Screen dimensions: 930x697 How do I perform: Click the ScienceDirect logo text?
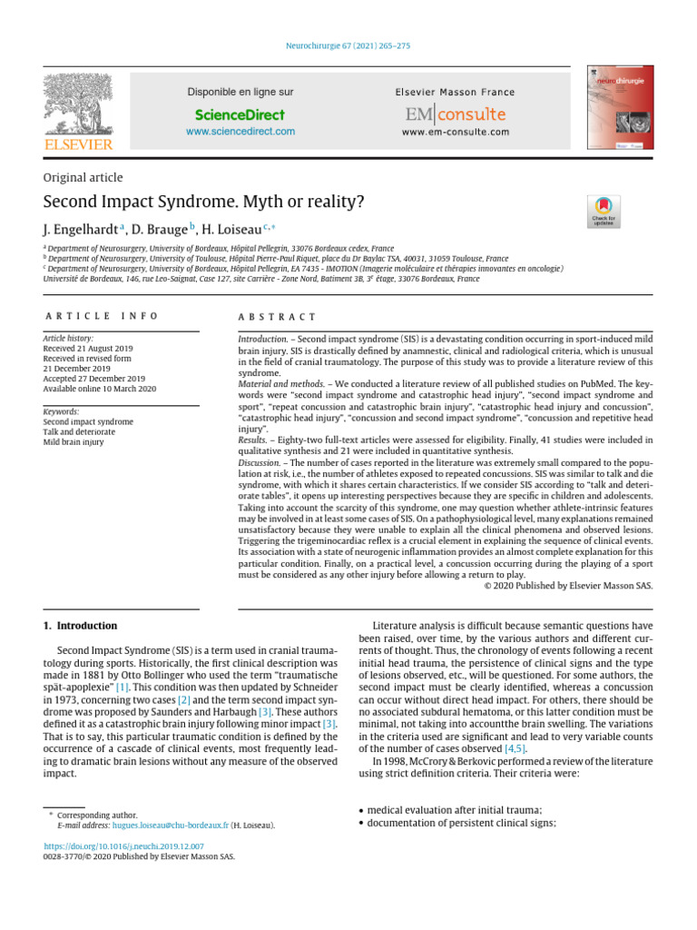tap(240, 114)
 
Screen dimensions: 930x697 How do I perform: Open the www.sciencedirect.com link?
tap(240, 132)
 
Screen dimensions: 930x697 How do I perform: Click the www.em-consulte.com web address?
tap(455, 132)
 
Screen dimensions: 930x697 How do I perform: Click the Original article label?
tap(83, 178)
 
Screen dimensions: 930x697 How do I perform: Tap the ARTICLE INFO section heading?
tap(101, 316)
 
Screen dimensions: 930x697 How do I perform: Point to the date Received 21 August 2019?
tap(88, 349)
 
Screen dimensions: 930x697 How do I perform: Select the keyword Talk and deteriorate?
tap(80, 432)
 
